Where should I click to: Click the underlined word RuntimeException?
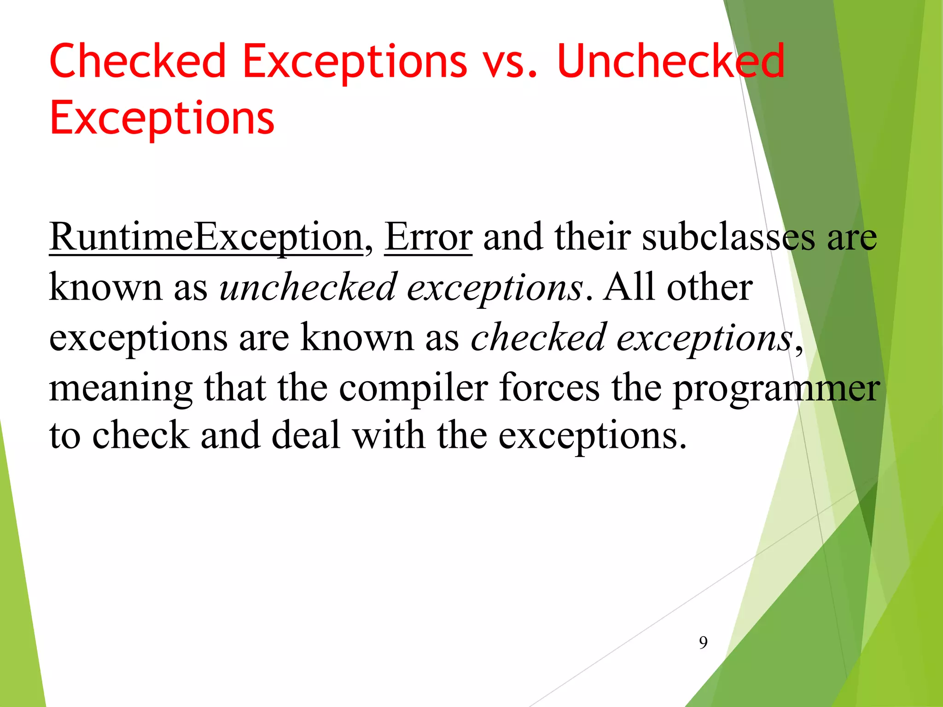click(206, 237)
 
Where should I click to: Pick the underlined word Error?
click(428, 237)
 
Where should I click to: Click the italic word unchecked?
click(308, 287)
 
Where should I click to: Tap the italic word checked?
click(538, 337)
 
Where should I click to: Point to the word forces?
click(550, 388)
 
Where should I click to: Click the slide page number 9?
click(703, 642)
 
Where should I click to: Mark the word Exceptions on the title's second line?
click(162, 118)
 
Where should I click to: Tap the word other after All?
click(710, 287)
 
